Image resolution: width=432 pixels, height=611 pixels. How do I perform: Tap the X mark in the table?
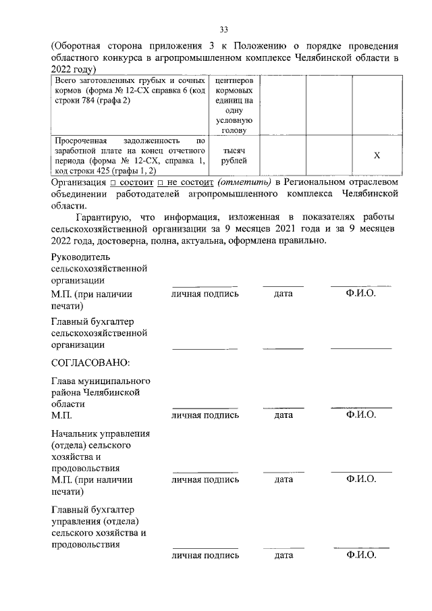[377, 156]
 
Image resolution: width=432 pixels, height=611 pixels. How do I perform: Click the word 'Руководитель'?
[80, 257]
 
